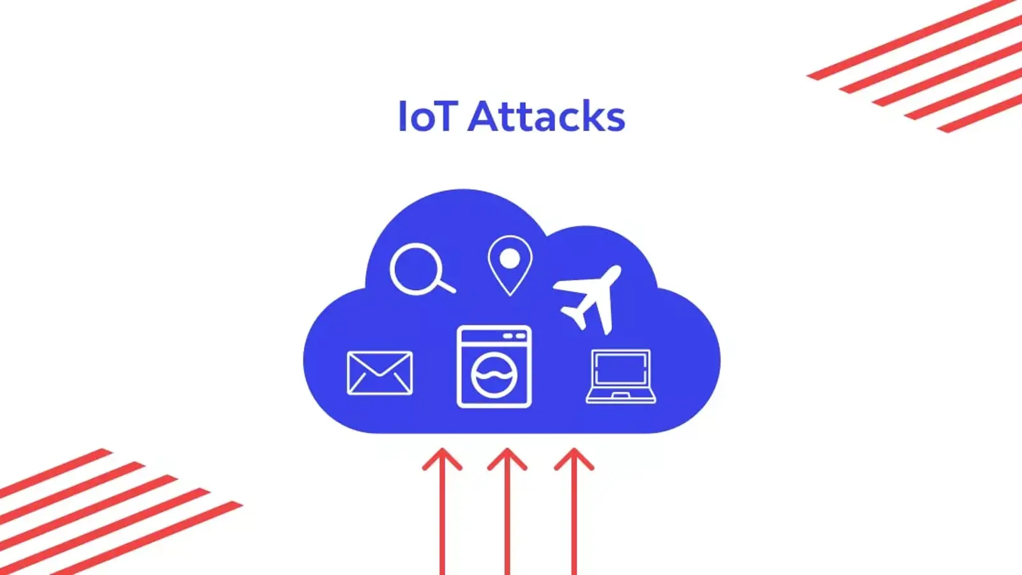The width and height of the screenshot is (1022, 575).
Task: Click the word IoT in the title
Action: (x=427, y=117)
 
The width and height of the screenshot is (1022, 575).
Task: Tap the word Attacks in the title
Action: (x=546, y=117)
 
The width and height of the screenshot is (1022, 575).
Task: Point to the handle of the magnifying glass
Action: (x=445, y=285)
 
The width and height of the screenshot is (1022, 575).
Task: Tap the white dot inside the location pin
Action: (x=510, y=259)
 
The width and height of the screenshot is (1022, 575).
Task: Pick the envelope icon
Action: (x=379, y=373)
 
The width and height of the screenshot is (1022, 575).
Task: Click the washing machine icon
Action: (x=494, y=367)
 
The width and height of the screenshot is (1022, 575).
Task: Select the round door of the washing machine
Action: (x=494, y=376)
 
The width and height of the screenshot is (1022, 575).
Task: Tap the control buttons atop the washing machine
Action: (x=514, y=336)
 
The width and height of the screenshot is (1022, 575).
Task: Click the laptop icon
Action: (x=621, y=376)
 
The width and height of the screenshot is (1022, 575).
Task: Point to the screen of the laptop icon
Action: (x=621, y=369)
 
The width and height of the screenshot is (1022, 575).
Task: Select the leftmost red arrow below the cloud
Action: (x=442, y=511)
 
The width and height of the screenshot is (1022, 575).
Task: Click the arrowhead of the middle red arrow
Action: (x=507, y=459)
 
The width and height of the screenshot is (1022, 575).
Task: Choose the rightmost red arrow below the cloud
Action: (x=574, y=511)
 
